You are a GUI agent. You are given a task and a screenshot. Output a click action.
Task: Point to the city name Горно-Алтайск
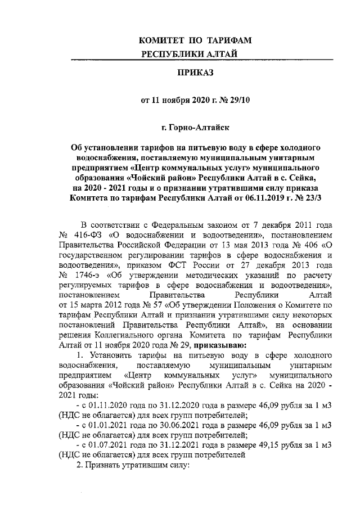(200, 129)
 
